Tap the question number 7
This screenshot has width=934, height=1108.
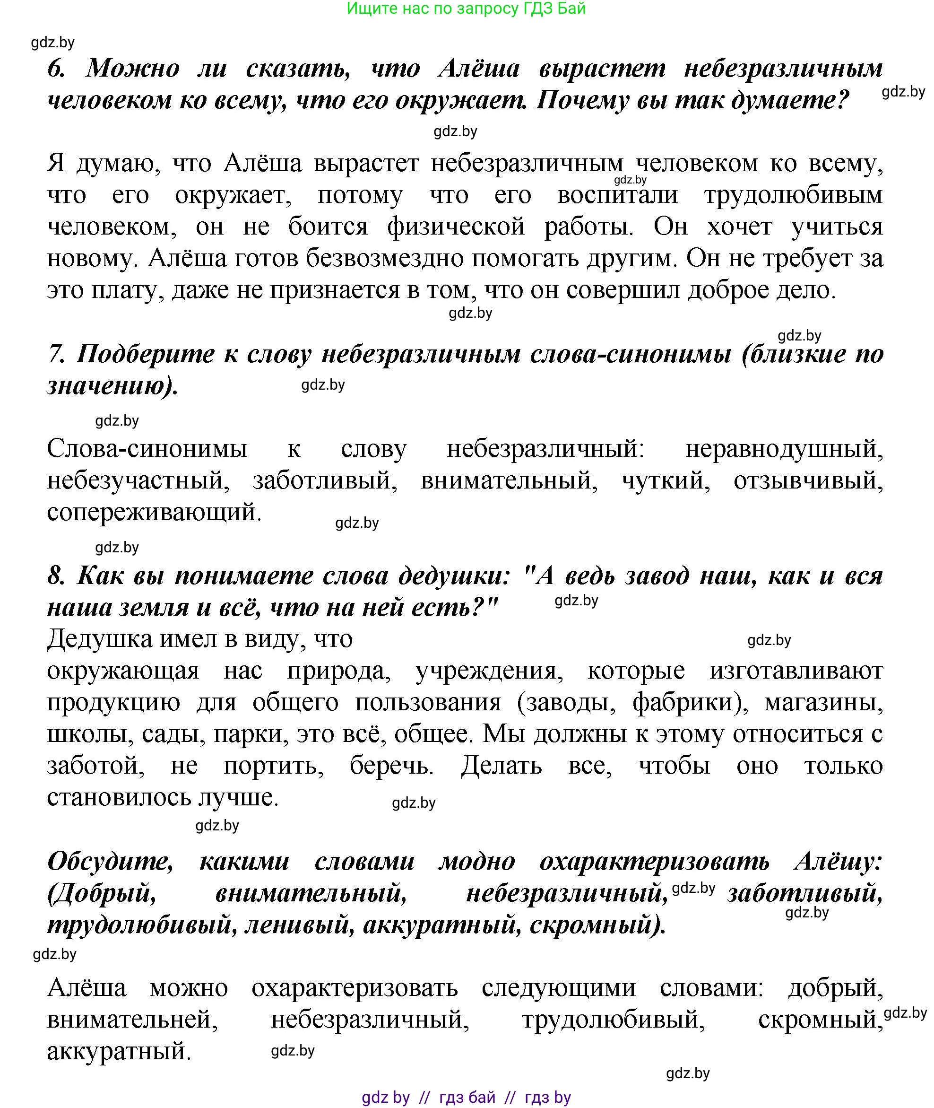point(54,354)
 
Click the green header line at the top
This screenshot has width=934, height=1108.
point(466,9)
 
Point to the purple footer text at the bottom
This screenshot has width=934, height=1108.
point(466,1097)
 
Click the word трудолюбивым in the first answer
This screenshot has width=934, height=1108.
point(793,195)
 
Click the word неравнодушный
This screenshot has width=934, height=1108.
point(784,449)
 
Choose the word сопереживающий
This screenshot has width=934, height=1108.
point(154,513)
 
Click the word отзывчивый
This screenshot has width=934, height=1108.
point(808,481)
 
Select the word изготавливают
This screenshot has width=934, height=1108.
point(796,671)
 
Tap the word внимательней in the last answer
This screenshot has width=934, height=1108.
point(132,1020)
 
